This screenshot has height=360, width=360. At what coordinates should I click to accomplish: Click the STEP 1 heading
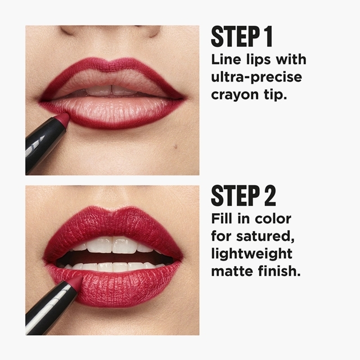pos(242,37)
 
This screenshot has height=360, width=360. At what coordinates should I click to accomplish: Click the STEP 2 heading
pos(244,196)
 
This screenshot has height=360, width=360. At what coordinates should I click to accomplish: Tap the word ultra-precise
pos(256,78)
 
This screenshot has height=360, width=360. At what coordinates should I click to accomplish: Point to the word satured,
pos(265,236)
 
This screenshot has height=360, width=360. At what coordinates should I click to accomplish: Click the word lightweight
pos(251,254)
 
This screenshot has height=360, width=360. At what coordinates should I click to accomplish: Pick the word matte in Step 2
pos(232,271)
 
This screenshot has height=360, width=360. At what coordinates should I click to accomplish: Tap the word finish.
pos(279,271)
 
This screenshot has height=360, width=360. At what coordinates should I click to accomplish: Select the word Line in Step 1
pos(226,60)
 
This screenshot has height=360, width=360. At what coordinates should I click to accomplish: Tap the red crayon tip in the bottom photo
pos(76,281)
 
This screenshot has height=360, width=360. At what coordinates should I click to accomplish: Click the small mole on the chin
pos(175,146)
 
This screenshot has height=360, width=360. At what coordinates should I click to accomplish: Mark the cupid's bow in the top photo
pos(112,62)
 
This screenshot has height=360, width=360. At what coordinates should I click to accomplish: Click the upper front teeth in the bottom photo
pos(112,245)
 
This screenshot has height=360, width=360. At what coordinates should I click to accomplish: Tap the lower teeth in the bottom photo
pos(112,267)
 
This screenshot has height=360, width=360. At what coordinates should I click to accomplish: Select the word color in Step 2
pos(273,219)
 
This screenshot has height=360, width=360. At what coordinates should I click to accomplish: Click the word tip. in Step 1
pos(276,94)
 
